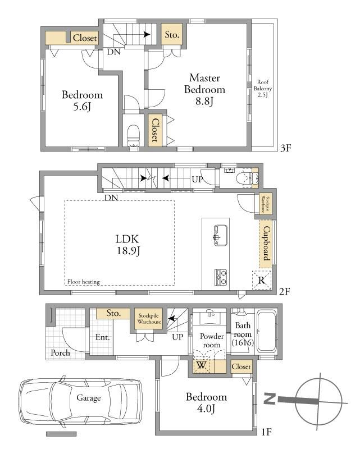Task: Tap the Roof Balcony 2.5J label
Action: tap(263, 88)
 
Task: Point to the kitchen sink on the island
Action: tap(220, 235)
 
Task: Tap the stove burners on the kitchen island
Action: tap(220, 277)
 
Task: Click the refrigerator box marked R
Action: tap(262, 280)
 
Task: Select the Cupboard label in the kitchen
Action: tap(266, 243)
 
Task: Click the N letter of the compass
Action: tap(270, 398)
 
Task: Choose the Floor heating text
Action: tap(84, 282)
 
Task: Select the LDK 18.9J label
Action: tap(127, 245)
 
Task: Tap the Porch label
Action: tap(60, 352)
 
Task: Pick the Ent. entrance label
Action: tap(103, 337)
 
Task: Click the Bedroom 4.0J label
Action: tap(206, 402)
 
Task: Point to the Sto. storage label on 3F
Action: tap(172, 35)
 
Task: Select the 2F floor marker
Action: tap(285, 291)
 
